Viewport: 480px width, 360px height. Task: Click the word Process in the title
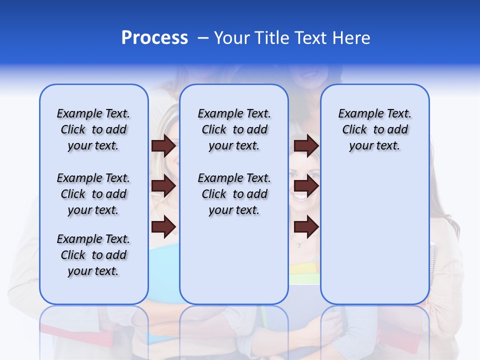[154, 38]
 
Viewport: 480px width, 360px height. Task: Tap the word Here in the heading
[352, 38]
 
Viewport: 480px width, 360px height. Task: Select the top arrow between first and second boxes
[163, 145]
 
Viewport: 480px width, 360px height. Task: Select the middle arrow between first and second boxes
[163, 186]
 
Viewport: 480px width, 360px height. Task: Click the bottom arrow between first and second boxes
[163, 226]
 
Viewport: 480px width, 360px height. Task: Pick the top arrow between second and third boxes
[306, 145]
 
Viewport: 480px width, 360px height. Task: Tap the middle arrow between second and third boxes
[306, 186]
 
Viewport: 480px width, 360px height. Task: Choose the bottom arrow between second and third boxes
[306, 226]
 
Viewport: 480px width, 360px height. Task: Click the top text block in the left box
[93, 129]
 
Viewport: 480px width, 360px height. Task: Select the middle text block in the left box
[93, 194]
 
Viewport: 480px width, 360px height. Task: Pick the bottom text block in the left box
[93, 255]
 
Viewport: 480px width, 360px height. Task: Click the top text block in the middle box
[234, 129]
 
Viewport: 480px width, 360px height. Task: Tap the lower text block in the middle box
[234, 194]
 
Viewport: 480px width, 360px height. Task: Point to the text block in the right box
[374, 129]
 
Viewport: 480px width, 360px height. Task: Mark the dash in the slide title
[202, 38]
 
